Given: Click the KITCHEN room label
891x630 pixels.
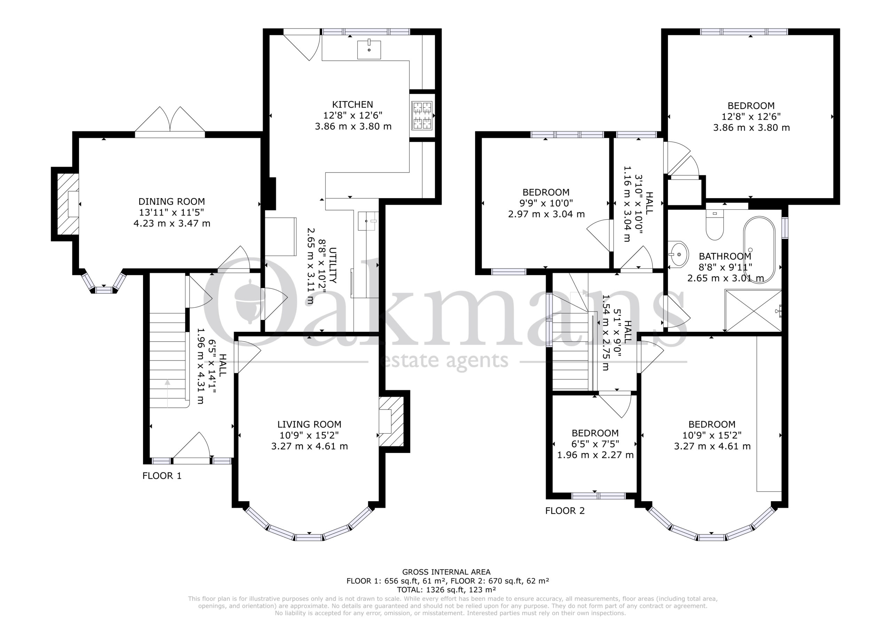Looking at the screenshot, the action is (352, 104).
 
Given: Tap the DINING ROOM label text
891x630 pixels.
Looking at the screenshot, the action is (172, 202).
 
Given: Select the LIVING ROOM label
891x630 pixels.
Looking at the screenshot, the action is (309, 424).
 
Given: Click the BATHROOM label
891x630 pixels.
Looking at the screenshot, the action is (725, 256).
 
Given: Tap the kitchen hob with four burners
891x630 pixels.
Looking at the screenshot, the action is (422, 115).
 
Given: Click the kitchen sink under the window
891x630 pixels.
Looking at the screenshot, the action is (369, 49).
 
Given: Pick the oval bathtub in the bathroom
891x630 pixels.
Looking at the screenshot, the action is (759, 250).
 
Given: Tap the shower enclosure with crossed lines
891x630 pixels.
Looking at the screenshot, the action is (753, 310).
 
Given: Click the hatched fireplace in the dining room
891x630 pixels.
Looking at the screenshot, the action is (68, 204).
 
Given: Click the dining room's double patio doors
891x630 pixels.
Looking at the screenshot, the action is (170, 120).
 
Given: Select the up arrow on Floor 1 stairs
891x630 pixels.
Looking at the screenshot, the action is (167, 393).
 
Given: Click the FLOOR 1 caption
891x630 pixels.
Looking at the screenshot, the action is (162, 475).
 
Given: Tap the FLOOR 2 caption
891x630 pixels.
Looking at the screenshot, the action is (565, 511).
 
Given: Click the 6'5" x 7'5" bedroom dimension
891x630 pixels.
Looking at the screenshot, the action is (595, 444).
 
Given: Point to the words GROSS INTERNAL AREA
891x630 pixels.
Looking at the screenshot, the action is (446, 572).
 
